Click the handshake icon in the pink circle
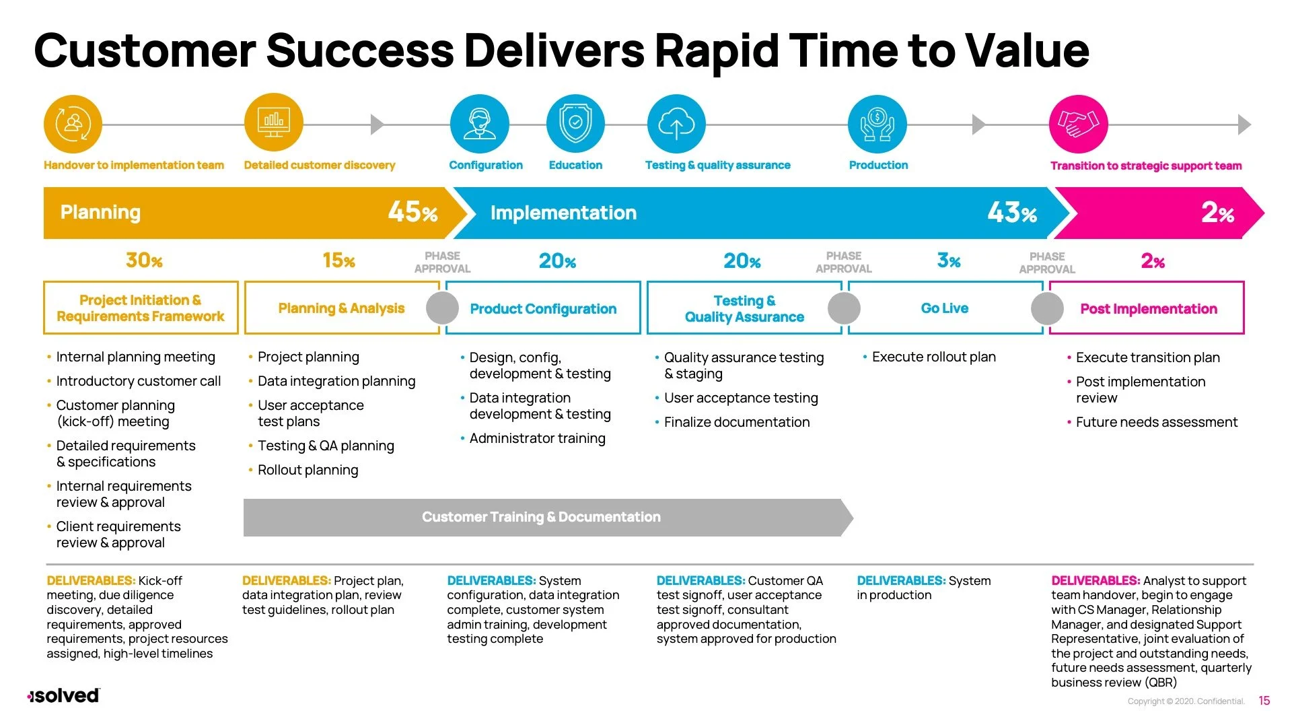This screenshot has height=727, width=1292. click(x=1078, y=124)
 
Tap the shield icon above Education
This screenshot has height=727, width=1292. click(x=575, y=124)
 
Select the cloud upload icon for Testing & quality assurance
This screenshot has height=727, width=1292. click(x=676, y=124)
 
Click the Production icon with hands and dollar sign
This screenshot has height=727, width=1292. click(x=877, y=124)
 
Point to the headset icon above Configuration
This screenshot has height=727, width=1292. click(x=479, y=124)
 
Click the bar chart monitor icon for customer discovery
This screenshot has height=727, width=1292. click(x=273, y=123)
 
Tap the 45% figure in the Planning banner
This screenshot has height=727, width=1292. click(x=412, y=212)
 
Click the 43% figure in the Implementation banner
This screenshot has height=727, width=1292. click(x=1012, y=213)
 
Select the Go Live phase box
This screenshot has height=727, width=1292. click(x=945, y=308)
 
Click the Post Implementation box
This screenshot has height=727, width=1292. click(x=1148, y=309)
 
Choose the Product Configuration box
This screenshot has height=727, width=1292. click(x=543, y=309)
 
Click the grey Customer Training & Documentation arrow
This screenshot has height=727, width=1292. click(x=542, y=517)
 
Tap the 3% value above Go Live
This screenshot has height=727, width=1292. click(x=949, y=261)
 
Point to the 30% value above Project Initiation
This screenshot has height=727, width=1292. click(x=144, y=261)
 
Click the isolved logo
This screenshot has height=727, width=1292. click(x=64, y=695)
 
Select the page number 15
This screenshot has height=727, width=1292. click(x=1264, y=701)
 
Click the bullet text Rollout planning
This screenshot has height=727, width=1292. click(x=308, y=470)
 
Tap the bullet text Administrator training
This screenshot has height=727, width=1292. click(x=537, y=438)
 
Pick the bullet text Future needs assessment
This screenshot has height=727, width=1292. click(x=1156, y=422)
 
